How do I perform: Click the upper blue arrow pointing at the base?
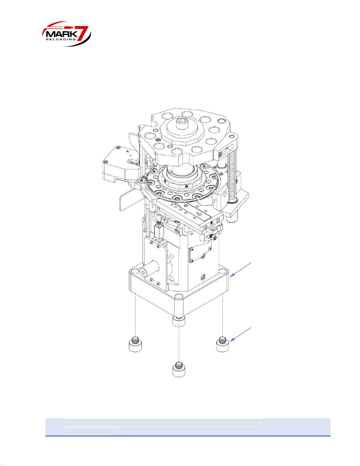click(x=241, y=270)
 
